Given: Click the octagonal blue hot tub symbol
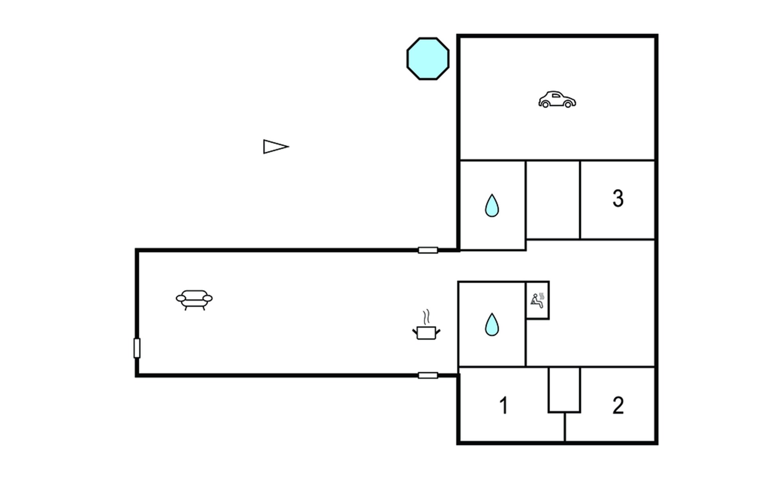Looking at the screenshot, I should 428,59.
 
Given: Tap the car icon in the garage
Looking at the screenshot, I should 557,100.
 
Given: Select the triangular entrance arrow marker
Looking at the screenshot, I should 274,146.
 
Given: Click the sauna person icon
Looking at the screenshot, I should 537,301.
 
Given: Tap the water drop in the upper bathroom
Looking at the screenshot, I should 492,206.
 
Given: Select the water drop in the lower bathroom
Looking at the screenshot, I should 492,324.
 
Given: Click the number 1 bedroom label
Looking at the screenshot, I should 503,406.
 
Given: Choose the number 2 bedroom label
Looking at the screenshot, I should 618,406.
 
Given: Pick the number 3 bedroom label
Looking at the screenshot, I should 618,198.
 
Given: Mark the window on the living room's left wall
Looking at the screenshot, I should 137,348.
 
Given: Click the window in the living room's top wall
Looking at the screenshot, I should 428,250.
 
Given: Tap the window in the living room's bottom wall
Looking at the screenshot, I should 428,375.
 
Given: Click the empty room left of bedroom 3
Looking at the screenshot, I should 553,200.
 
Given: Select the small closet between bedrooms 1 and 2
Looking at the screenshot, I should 564,389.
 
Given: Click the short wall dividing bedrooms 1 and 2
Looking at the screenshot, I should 565,427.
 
